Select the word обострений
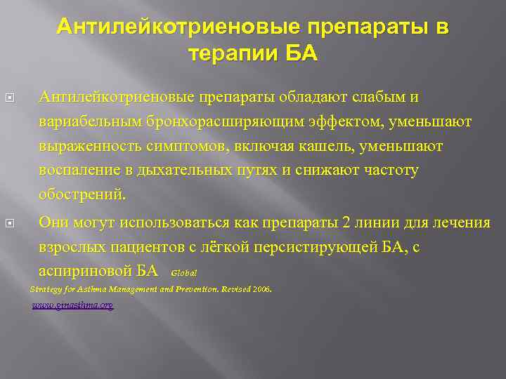point(83,194)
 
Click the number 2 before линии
point(345,223)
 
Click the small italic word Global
point(183,272)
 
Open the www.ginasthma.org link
point(72,306)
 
